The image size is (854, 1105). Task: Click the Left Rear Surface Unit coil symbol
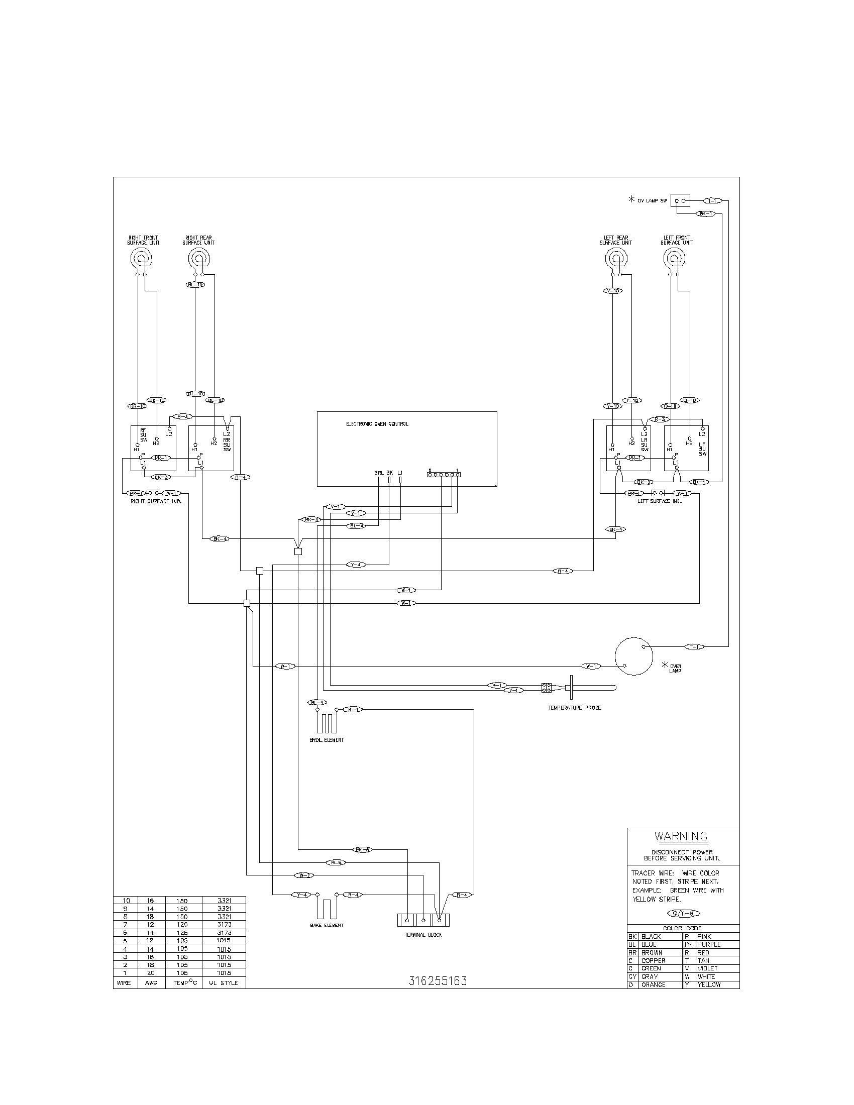pos(616,260)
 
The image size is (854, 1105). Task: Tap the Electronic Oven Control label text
pos(377,424)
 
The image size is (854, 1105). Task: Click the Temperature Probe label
pos(574,708)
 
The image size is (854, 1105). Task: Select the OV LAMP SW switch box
pos(681,201)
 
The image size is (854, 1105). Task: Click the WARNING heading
pos(681,836)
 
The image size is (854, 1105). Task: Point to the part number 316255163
pos(438,980)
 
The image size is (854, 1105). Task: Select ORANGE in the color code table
pos(653,984)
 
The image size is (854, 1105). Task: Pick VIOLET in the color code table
pos(707,968)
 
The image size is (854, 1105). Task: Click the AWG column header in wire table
pos(152,983)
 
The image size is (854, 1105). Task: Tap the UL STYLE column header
pos(224,983)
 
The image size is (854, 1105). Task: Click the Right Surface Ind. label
pos(156,501)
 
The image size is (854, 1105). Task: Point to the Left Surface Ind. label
pos(660,501)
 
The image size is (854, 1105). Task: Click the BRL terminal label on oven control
pos(379,473)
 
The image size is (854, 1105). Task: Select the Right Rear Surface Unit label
pos(198,240)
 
